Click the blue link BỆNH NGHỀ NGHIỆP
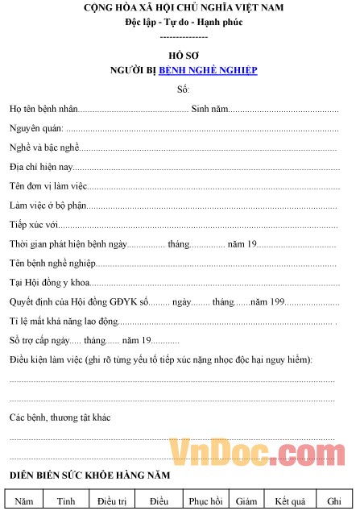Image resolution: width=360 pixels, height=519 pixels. pyautogui.click(x=208, y=70)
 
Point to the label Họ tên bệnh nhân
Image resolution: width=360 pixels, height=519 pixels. pyautogui.click(x=43, y=108)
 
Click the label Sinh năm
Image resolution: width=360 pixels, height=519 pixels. pyautogui.click(x=209, y=108)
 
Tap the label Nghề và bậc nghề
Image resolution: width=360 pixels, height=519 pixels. pyautogui.click(x=43, y=148)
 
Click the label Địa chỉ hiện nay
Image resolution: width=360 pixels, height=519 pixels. pyautogui.click(x=41, y=167)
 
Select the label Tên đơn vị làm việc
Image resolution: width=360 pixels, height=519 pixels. pyautogui.click(x=48, y=186)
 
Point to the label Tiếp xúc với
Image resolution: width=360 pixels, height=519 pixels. pyautogui.click(x=34, y=224)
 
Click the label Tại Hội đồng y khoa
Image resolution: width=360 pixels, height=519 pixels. pyautogui.click(x=49, y=283)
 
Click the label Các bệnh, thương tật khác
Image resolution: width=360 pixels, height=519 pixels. pyautogui.click(x=60, y=417)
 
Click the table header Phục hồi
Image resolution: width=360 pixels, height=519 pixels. pyautogui.click(x=205, y=501)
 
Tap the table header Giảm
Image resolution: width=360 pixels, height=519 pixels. pyautogui.click(x=246, y=501)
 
